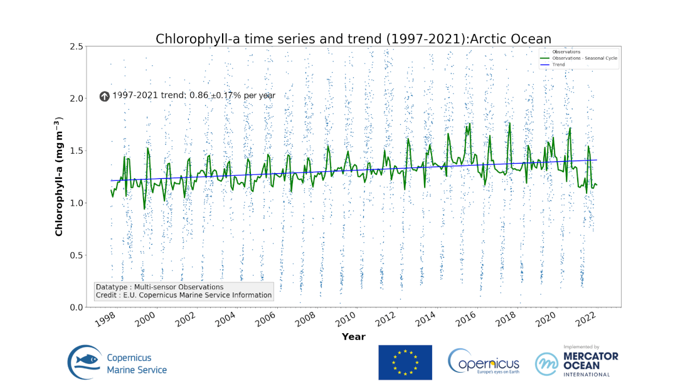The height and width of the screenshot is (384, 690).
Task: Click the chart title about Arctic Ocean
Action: click(x=354, y=39)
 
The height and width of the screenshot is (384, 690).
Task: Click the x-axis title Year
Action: click(x=354, y=337)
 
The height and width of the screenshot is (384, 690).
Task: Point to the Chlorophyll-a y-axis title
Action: click(x=59, y=176)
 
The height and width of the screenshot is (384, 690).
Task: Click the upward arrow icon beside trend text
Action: click(x=105, y=96)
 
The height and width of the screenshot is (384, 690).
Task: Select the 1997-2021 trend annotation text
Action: click(x=194, y=95)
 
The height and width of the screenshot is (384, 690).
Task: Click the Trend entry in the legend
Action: click(x=558, y=65)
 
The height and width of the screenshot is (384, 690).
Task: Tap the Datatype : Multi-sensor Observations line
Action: click(x=159, y=287)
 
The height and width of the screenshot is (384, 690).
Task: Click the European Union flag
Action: click(x=405, y=362)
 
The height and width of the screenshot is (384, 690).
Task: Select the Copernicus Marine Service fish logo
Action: click(x=86, y=363)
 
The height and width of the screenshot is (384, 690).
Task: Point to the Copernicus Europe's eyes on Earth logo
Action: click(x=484, y=362)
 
